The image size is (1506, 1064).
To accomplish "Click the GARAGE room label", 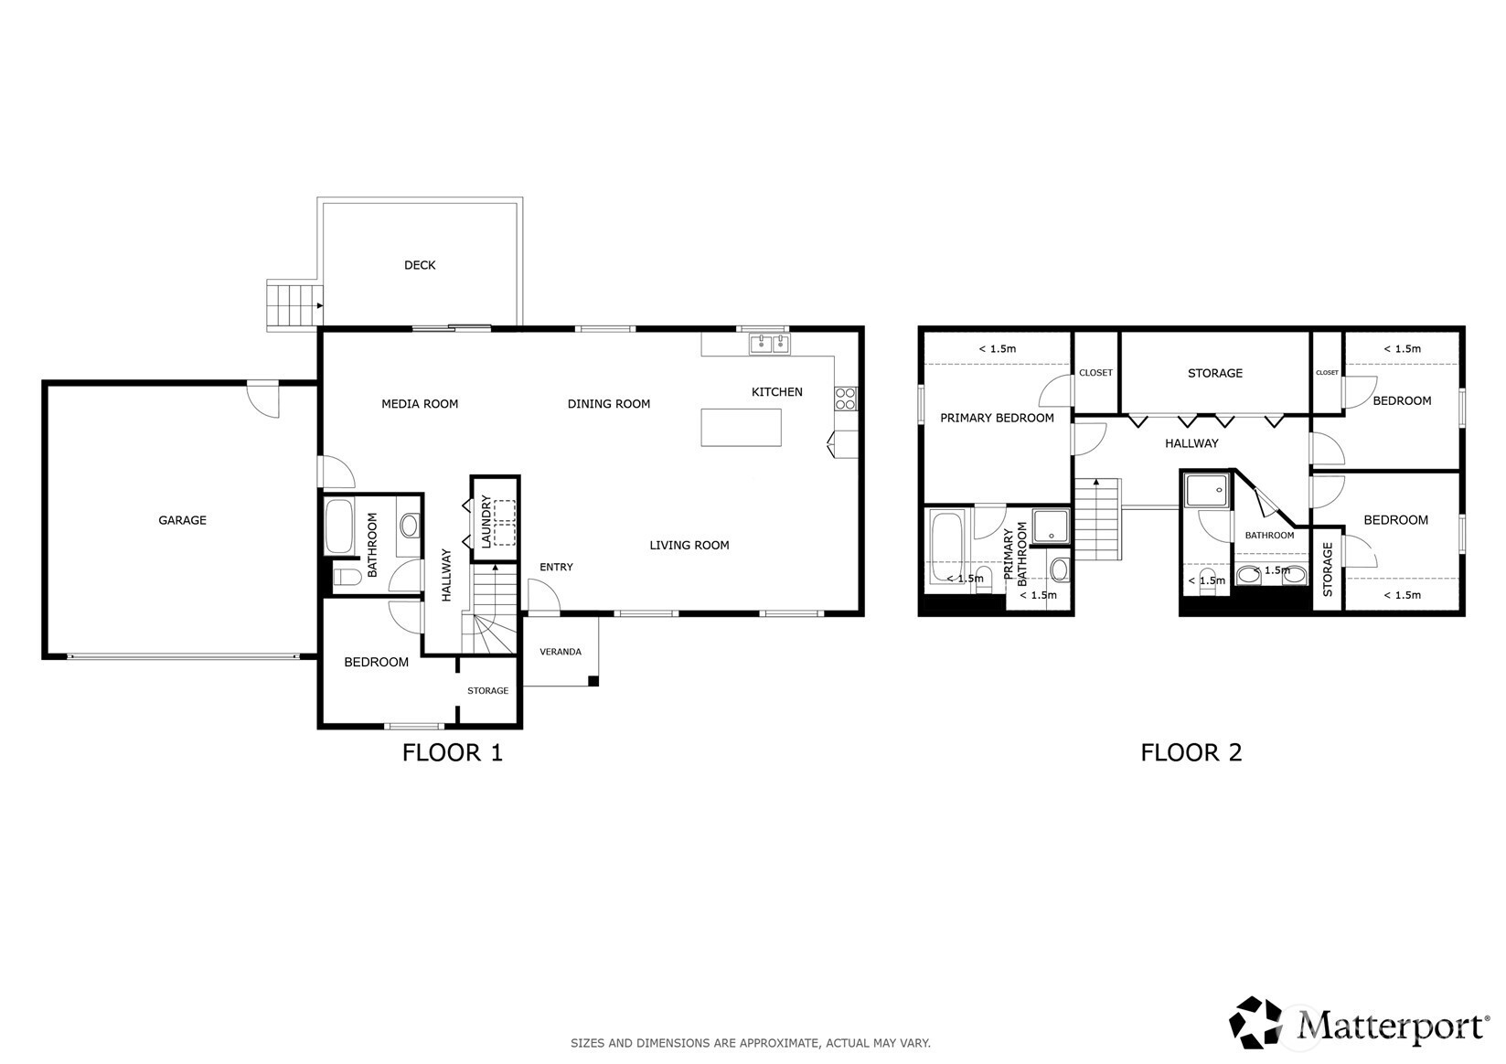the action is coord(182,520).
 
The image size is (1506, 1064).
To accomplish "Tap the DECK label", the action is coord(420,265).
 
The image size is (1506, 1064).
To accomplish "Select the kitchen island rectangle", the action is coord(741,428).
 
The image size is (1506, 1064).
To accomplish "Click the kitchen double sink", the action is coord(769,344).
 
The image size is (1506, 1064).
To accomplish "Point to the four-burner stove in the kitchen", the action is coord(846,399).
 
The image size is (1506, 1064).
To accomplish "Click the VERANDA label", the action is coord(561,652).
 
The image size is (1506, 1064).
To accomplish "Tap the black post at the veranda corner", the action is coord(593,681).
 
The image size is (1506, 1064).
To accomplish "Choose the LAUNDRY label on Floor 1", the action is coord(486,522).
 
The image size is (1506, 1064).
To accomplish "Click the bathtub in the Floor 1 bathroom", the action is coord(339,527).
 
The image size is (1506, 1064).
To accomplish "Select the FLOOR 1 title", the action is coord(453,752).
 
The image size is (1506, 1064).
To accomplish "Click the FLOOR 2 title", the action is coord(1191,752).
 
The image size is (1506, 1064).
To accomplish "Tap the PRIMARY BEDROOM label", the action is coord(997,418).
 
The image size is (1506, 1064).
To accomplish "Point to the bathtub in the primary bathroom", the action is coord(946,548).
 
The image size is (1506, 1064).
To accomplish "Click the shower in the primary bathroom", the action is coord(1051,527).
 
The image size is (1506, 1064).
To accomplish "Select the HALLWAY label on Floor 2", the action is coord(1191,443).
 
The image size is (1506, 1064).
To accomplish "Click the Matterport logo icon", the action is coord(1255,1022).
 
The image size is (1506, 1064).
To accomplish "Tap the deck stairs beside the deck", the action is coord(294,304).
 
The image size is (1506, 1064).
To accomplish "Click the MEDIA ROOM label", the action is coord(420,404).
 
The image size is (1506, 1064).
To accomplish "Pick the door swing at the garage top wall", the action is coord(262,400).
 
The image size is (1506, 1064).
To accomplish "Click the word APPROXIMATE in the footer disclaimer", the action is coord(780,1043).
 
